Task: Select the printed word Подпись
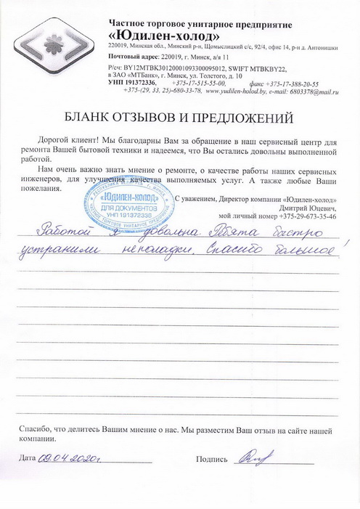click(213, 459)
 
